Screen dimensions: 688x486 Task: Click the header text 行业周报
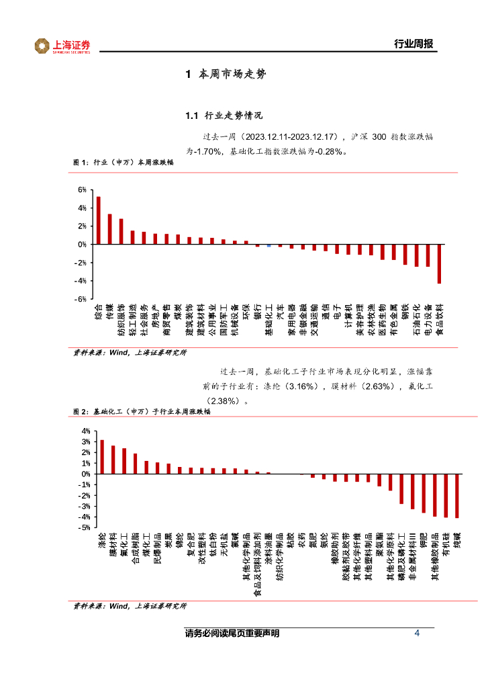click(412, 45)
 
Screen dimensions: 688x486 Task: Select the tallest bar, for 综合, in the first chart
click(98, 220)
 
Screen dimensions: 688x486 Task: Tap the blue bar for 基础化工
click(269, 246)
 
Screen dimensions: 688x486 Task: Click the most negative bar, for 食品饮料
click(440, 264)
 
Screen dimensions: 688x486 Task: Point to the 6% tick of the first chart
click(82, 190)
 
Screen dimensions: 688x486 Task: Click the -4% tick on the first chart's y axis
click(81, 281)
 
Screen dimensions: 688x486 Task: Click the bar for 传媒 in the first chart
click(109, 229)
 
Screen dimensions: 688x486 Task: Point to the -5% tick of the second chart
click(85, 528)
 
